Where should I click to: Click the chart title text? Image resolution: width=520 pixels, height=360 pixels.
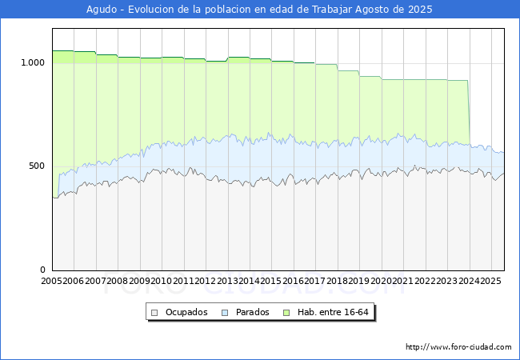click(x=260, y=10)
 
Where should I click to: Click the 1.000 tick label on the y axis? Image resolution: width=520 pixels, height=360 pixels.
click(x=32, y=62)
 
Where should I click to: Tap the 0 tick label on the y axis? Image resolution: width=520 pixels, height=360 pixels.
click(x=42, y=270)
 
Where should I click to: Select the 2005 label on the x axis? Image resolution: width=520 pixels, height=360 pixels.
click(x=52, y=282)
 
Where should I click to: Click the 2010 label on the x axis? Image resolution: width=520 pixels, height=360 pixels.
click(x=162, y=282)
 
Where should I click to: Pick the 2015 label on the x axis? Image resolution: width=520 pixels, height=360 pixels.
click(x=271, y=282)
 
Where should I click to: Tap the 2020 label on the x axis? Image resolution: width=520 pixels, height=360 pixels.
click(x=381, y=282)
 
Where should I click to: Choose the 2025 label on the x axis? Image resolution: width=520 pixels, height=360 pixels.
click(x=490, y=282)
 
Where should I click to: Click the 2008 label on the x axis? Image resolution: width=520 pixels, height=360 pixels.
click(x=118, y=282)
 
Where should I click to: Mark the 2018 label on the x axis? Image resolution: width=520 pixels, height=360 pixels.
click(x=337, y=282)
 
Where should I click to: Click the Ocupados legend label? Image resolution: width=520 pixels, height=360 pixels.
click(x=186, y=312)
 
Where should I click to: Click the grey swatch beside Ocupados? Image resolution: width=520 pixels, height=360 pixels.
click(x=155, y=312)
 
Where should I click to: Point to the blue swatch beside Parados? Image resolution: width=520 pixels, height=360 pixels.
click(x=225, y=312)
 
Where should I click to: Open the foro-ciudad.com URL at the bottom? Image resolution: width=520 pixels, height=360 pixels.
click(x=458, y=347)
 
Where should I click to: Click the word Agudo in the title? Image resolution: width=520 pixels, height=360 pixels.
click(x=102, y=10)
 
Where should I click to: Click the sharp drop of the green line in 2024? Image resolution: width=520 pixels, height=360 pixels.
click(x=469, y=112)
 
